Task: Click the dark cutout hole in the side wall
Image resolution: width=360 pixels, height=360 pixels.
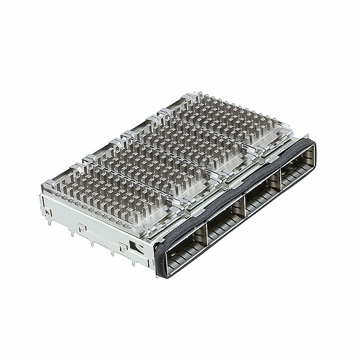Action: click(137, 247)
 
